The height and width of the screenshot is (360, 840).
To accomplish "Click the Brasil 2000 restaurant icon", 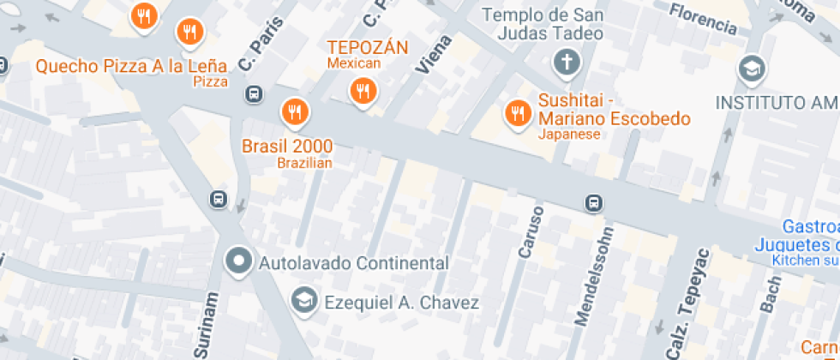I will (x=295, y=111).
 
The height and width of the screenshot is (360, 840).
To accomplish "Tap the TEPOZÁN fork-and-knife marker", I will (x=363, y=89).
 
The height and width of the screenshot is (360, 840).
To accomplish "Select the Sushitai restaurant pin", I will (x=517, y=111).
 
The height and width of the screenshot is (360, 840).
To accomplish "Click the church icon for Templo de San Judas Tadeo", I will (x=566, y=62).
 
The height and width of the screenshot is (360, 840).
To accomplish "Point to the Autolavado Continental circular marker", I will (x=238, y=260).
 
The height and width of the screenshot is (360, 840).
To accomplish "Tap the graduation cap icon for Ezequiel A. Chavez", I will (x=303, y=300).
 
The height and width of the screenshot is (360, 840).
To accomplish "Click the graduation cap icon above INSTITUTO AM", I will (x=752, y=69).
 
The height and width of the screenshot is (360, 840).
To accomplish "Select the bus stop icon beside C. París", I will (x=254, y=93).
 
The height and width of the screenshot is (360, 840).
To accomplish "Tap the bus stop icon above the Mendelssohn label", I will (x=593, y=204).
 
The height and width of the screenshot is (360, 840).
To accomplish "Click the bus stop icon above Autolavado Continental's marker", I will (x=219, y=200).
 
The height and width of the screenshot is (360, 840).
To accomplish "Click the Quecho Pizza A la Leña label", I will (x=131, y=65).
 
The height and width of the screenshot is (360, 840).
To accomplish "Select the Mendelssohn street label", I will (x=595, y=276).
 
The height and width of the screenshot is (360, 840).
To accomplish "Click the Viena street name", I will (x=434, y=55).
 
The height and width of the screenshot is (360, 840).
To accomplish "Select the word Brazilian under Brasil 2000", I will (x=304, y=163).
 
